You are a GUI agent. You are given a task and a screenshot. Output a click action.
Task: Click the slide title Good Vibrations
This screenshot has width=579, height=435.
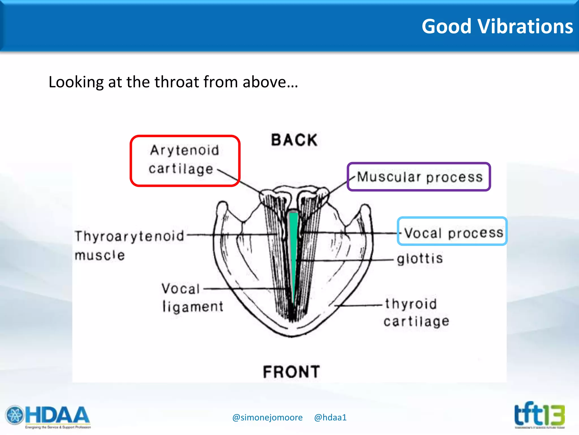(x=497, y=26)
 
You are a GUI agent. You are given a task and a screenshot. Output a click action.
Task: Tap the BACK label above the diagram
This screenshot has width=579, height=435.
(x=294, y=140)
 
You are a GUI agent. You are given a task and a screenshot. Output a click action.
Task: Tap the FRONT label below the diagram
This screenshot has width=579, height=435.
(x=291, y=372)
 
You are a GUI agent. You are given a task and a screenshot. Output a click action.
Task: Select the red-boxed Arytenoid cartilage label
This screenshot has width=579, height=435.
(x=185, y=160)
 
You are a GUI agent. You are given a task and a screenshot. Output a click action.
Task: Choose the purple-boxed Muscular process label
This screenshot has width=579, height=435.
(x=420, y=177)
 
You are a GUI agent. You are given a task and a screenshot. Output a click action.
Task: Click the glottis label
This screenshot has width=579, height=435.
(x=420, y=259)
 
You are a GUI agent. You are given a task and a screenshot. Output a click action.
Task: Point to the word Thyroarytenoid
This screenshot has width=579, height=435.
(x=129, y=236)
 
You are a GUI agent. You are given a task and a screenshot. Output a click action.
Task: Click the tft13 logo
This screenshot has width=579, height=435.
(x=539, y=415)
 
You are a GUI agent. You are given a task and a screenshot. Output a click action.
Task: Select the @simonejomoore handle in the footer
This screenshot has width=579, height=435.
(x=267, y=417)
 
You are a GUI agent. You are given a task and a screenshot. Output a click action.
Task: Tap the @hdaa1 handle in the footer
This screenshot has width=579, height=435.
(x=330, y=417)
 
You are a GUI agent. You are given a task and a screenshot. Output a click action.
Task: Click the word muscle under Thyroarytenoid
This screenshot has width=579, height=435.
(x=100, y=255)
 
